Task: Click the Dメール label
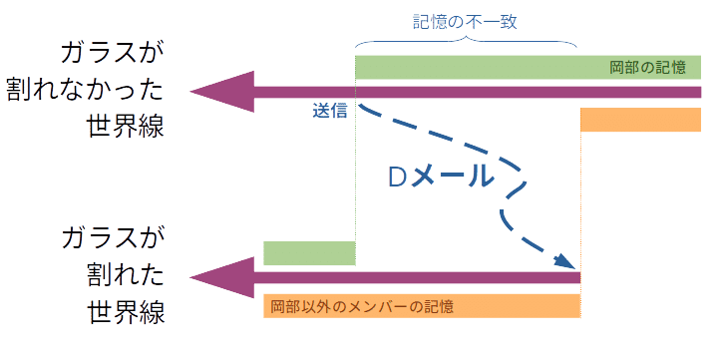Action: coord(440,177)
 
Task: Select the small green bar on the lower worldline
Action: coord(308,252)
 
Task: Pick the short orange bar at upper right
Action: coord(640,120)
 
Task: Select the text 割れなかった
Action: coord(96,92)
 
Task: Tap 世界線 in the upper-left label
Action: coord(125,129)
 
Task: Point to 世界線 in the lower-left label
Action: coord(125,312)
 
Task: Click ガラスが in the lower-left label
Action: coord(110,239)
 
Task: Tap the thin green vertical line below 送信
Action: coord(355,180)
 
